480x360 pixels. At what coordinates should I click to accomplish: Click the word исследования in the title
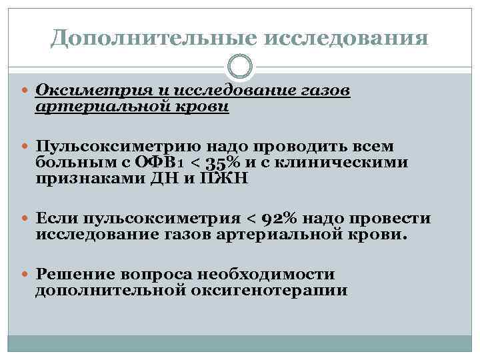point(347,37)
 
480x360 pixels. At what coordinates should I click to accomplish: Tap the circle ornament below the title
point(240,67)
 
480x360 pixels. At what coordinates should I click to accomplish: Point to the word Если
point(57,219)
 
